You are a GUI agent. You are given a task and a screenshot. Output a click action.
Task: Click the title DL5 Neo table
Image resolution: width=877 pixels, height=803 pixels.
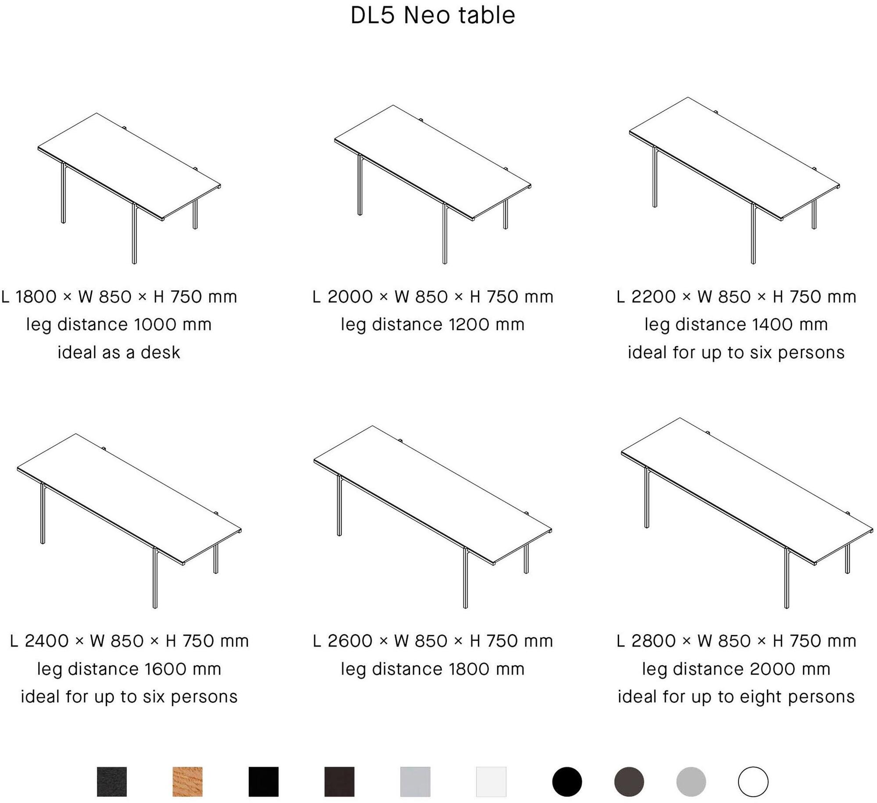click(433, 15)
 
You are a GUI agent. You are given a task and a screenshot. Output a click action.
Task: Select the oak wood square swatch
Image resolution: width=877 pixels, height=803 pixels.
click(188, 782)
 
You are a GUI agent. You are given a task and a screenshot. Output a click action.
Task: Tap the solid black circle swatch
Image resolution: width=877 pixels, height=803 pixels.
click(567, 782)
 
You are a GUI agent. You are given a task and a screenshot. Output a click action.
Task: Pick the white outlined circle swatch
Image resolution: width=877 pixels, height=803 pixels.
click(753, 782)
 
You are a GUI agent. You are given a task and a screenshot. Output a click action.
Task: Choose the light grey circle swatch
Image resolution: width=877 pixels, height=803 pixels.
click(691, 782)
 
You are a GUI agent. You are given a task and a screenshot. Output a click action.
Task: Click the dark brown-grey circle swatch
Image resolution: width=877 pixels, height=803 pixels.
click(629, 782)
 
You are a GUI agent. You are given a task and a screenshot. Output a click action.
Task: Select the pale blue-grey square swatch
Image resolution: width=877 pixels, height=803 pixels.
click(415, 782)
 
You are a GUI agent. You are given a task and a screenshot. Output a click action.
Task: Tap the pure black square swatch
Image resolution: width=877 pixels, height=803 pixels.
click(264, 782)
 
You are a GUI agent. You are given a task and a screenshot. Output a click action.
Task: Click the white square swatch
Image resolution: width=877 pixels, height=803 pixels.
click(491, 782)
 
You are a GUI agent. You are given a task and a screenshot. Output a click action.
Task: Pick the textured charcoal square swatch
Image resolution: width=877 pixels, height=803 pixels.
click(112, 782)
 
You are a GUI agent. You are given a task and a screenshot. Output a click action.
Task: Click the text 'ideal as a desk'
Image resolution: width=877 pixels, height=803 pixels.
click(119, 352)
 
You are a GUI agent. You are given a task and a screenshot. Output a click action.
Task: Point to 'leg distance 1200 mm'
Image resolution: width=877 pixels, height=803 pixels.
click(433, 325)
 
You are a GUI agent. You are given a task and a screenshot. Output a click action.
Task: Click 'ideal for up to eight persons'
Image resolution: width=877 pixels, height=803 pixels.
click(736, 697)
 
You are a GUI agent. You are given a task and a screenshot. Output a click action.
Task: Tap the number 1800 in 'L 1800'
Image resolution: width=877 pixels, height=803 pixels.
click(36, 297)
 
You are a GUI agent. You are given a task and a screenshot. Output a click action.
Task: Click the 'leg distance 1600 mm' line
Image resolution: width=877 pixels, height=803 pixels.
click(129, 669)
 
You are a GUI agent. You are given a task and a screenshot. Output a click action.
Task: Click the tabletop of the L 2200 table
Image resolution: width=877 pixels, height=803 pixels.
click(734, 158)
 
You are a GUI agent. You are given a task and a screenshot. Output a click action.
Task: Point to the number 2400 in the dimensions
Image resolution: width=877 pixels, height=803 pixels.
click(46, 641)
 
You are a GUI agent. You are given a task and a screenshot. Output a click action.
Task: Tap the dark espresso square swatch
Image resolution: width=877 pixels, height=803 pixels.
click(339, 782)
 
